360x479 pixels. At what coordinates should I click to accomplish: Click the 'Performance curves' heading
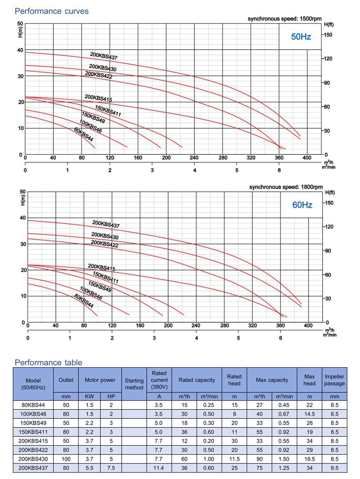pyautogui.click(x=51, y=11)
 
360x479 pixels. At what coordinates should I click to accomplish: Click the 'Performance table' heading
pyautogui.click(x=48, y=362)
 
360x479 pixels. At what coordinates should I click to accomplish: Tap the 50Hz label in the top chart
pyautogui.click(x=301, y=37)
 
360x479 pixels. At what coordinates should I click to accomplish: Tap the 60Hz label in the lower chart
pyautogui.click(x=302, y=205)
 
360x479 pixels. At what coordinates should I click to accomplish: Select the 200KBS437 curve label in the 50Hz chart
pyautogui.click(x=104, y=56)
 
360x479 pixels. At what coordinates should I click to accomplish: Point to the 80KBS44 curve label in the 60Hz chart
pyautogui.click(x=84, y=301)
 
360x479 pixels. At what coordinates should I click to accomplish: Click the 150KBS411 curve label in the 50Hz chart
pyautogui.click(x=108, y=111)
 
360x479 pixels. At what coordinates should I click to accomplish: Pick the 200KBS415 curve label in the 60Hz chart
pyautogui.click(x=102, y=267)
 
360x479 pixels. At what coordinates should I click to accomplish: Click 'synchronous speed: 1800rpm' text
pyautogui.click(x=286, y=187)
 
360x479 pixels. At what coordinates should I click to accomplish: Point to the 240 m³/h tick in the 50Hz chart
pyautogui.click(x=194, y=158)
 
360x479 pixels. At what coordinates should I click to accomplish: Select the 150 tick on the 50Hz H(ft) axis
pyautogui.click(x=328, y=35)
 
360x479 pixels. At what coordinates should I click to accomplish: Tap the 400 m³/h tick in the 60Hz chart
pyautogui.click(x=308, y=325)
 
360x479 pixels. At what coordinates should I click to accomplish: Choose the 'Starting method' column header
pyautogui.click(x=134, y=384)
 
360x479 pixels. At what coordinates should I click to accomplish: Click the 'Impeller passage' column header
pyautogui.click(x=334, y=380)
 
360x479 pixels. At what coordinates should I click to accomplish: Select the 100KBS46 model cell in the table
pyautogui.click(x=33, y=414)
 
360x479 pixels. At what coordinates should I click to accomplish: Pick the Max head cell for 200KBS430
pyautogui.click(x=309, y=459)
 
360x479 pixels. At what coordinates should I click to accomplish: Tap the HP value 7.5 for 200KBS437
pyautogui.click(x=111, y=468)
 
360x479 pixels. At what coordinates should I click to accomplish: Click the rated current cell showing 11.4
pyautogui.click(x=159, y=468)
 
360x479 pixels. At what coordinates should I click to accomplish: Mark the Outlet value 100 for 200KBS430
pyautogui.click(x=66, y=459)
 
